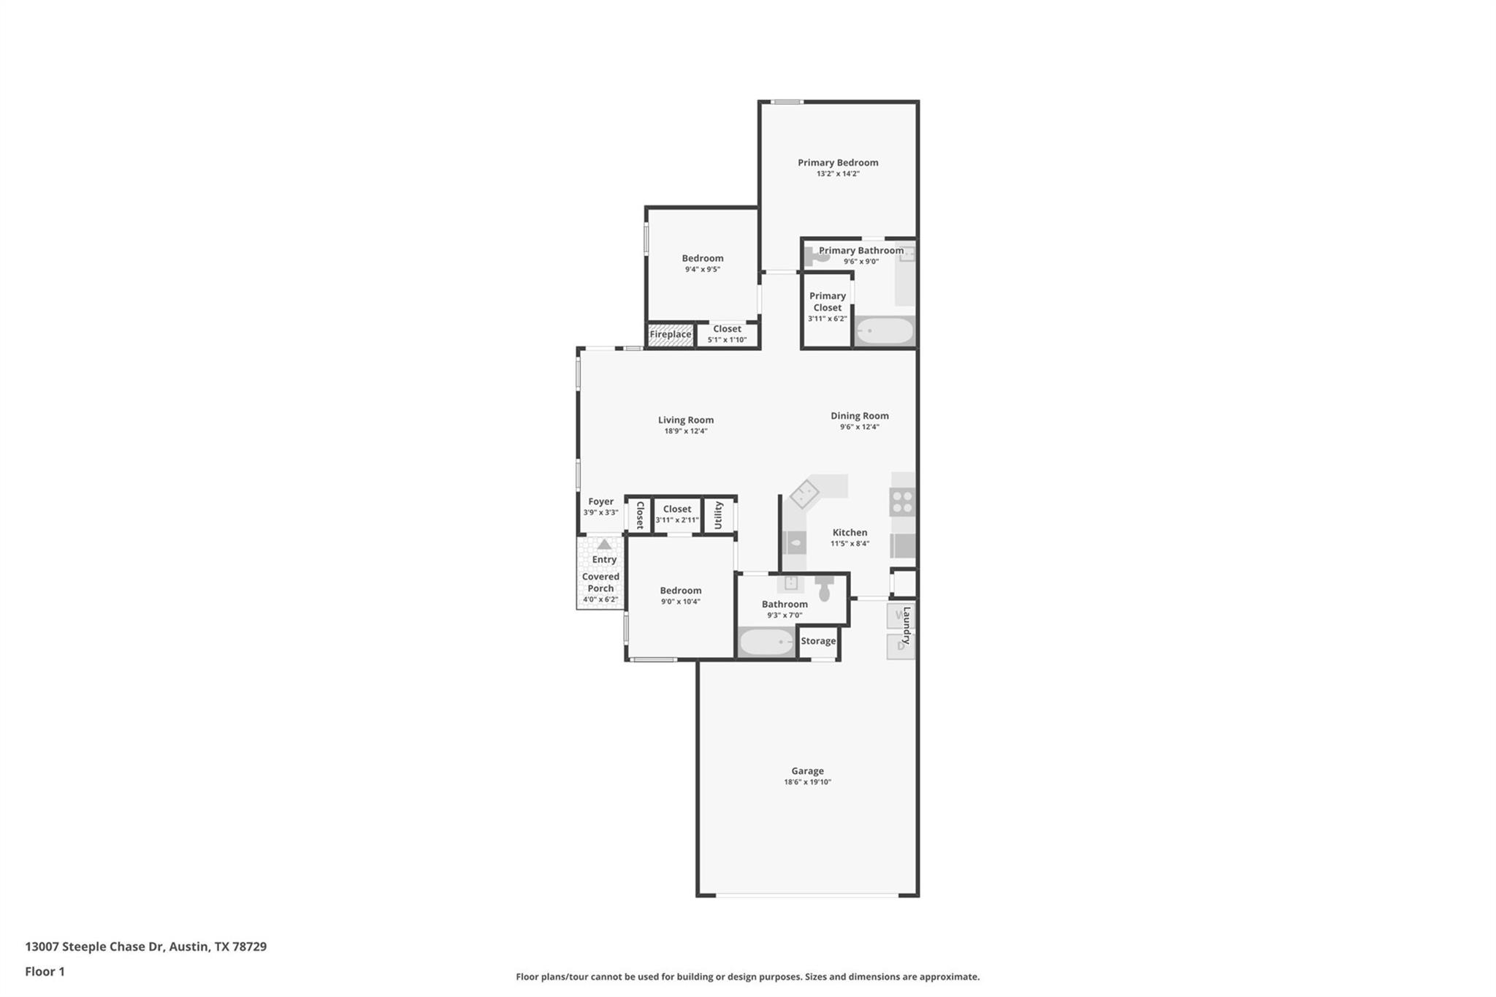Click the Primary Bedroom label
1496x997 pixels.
tap(838, 162)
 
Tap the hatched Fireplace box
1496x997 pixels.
tap(671, 335)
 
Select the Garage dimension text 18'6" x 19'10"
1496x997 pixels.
tap(807, 782)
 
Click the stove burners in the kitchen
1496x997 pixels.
tap(903, 502)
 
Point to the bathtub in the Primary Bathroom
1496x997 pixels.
tap(885, 331)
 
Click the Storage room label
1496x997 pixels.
tap(818, 641)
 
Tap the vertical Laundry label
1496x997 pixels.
tap(907, 625)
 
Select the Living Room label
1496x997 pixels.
tap(686, 420)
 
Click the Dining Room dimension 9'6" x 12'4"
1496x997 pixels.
tap(860, 427)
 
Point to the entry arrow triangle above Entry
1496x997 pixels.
tap(604, 545)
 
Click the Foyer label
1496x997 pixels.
tap(601, 501)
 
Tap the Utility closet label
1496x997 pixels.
tap(719, 515)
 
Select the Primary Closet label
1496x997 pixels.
tap(828, 301)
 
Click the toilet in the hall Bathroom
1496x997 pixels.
tap(825, 587)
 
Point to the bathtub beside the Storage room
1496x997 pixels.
tap(766, 642)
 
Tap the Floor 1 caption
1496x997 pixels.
tap(45, 971)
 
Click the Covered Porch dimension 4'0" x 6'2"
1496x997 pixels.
tap(600, 599)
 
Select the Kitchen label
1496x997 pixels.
tap(850, 532)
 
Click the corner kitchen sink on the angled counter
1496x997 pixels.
tap(804, 494)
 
